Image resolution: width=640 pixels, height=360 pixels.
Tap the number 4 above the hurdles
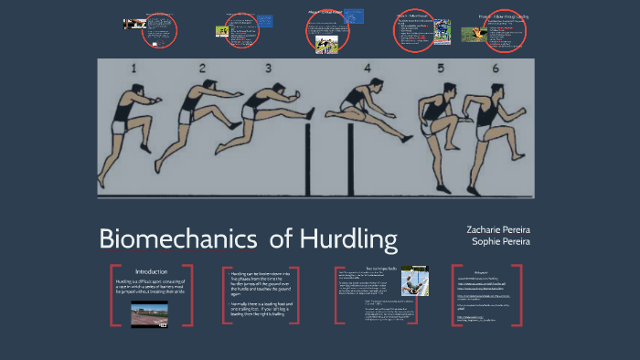pos(367,69)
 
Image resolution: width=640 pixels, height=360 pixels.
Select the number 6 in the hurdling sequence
pos(496,69)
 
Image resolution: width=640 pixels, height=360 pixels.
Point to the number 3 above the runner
pos(269,69)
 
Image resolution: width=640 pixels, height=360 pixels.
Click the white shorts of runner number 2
pos(187,116)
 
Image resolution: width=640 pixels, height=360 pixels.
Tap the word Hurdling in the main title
pos(348,240)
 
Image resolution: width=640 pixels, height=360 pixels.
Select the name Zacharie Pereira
pos(498,229)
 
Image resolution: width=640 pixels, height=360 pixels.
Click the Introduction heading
pos(152,272)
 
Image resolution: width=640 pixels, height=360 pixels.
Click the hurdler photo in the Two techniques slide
pos(412,281)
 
